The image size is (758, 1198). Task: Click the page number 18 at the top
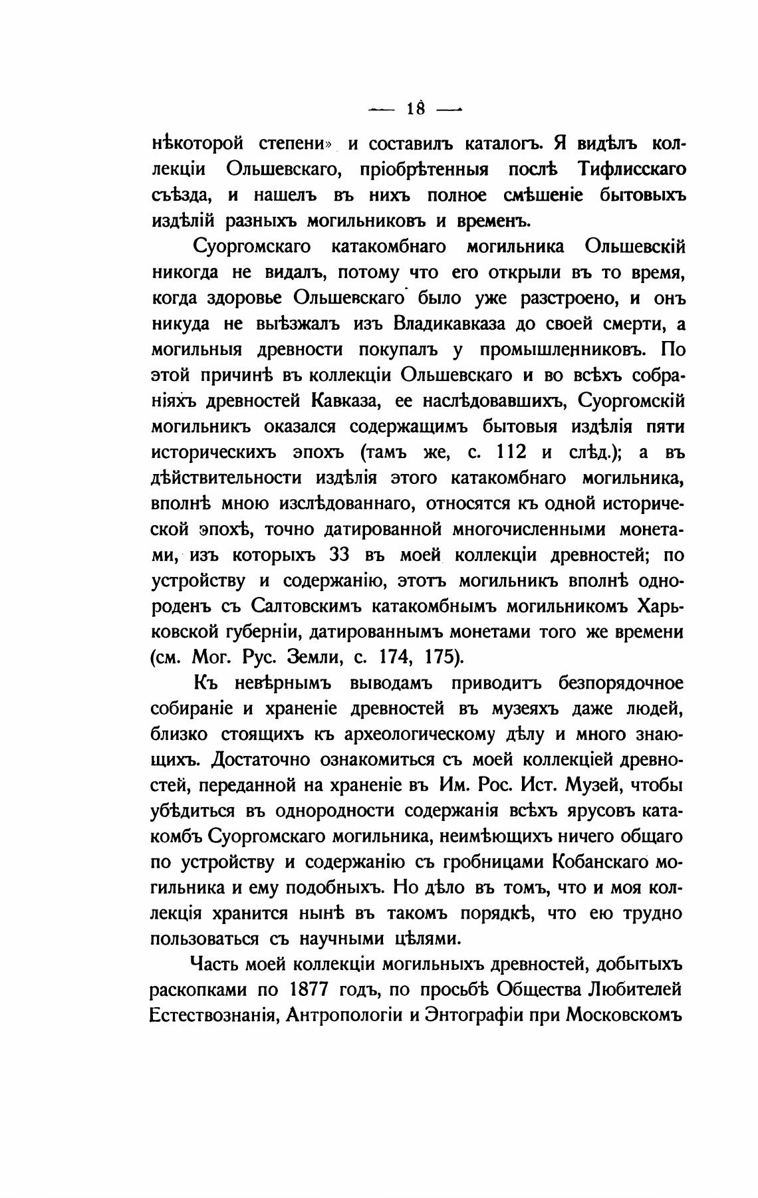click(416, 108)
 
